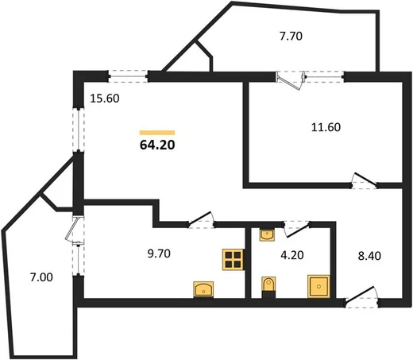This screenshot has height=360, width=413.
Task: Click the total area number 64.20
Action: tap(157, 145)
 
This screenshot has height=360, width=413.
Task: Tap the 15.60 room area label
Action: tap(105, 99)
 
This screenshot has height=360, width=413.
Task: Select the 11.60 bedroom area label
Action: tap(326, 127)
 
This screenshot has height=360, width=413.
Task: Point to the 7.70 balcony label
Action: tap(291, 37)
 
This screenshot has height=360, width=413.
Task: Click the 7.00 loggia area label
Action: tap(41, 277)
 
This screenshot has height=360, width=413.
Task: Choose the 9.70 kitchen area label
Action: tap(159, 254)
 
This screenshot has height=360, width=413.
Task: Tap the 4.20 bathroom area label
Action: tap(292, 255)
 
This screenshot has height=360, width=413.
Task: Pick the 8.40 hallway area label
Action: tap(369, 256)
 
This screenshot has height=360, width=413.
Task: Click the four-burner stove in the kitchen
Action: tap(233, 260)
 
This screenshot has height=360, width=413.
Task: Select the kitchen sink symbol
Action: tap(203, 289)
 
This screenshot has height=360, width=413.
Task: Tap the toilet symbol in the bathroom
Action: tap(268, 287)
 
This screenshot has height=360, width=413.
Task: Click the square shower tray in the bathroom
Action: tap(318, 286)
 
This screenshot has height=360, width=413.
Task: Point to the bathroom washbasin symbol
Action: tap(267, 234)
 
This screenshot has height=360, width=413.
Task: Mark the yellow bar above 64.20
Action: tap(157, 133)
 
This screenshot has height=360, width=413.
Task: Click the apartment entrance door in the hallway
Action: tap(361, 297)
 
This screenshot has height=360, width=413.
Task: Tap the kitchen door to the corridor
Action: tap(201, 220)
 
